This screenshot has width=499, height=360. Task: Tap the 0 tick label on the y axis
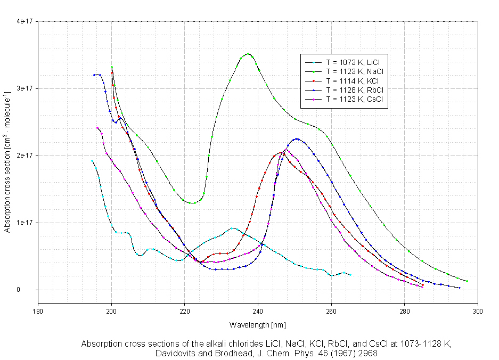pyautogui.click(x=31, y=290)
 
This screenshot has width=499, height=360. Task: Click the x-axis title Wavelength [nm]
pyautogui.click(x=258, y=324)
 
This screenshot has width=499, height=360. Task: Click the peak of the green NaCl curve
pyautogui.click(x=248, y=54)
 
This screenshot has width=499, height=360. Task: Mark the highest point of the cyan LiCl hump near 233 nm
pyautogui.click(x=232, y=228)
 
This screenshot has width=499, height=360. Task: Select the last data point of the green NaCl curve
pyautogui.click(x=467, y=281)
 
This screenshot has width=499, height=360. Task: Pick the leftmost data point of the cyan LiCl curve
pyautogui.click(x=92, y=161)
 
